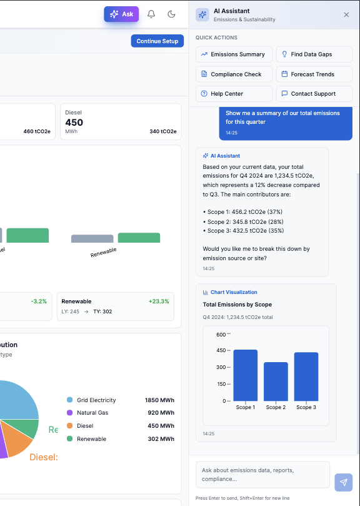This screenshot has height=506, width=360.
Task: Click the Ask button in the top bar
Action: point(121,14)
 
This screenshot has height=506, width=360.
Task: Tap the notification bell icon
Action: point(151,14)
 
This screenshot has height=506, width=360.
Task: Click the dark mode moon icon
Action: point(171,14)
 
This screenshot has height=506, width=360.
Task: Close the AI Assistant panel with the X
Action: point(346,14)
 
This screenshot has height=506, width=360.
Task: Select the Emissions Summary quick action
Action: point(234,54)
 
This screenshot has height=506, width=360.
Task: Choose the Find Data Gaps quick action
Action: point(314,54)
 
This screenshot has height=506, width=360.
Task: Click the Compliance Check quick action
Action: point(234,74)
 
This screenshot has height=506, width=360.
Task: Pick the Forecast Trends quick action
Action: point(314,74)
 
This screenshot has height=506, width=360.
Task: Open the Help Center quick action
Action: point(234,94)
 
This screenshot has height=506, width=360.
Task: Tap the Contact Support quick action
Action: point(314,94)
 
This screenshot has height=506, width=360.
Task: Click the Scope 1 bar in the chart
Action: point(245,375)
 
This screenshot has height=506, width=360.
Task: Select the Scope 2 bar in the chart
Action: point(276,382)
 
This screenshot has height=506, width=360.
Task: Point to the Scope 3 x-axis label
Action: point(306,407)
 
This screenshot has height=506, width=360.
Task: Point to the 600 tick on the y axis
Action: point(221,334)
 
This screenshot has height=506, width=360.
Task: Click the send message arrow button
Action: point(343,482)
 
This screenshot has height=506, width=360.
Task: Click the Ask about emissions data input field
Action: point(262,475)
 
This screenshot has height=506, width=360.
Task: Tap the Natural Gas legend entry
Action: point(92,413)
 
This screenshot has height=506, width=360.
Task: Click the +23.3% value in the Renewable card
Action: point(159,301)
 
